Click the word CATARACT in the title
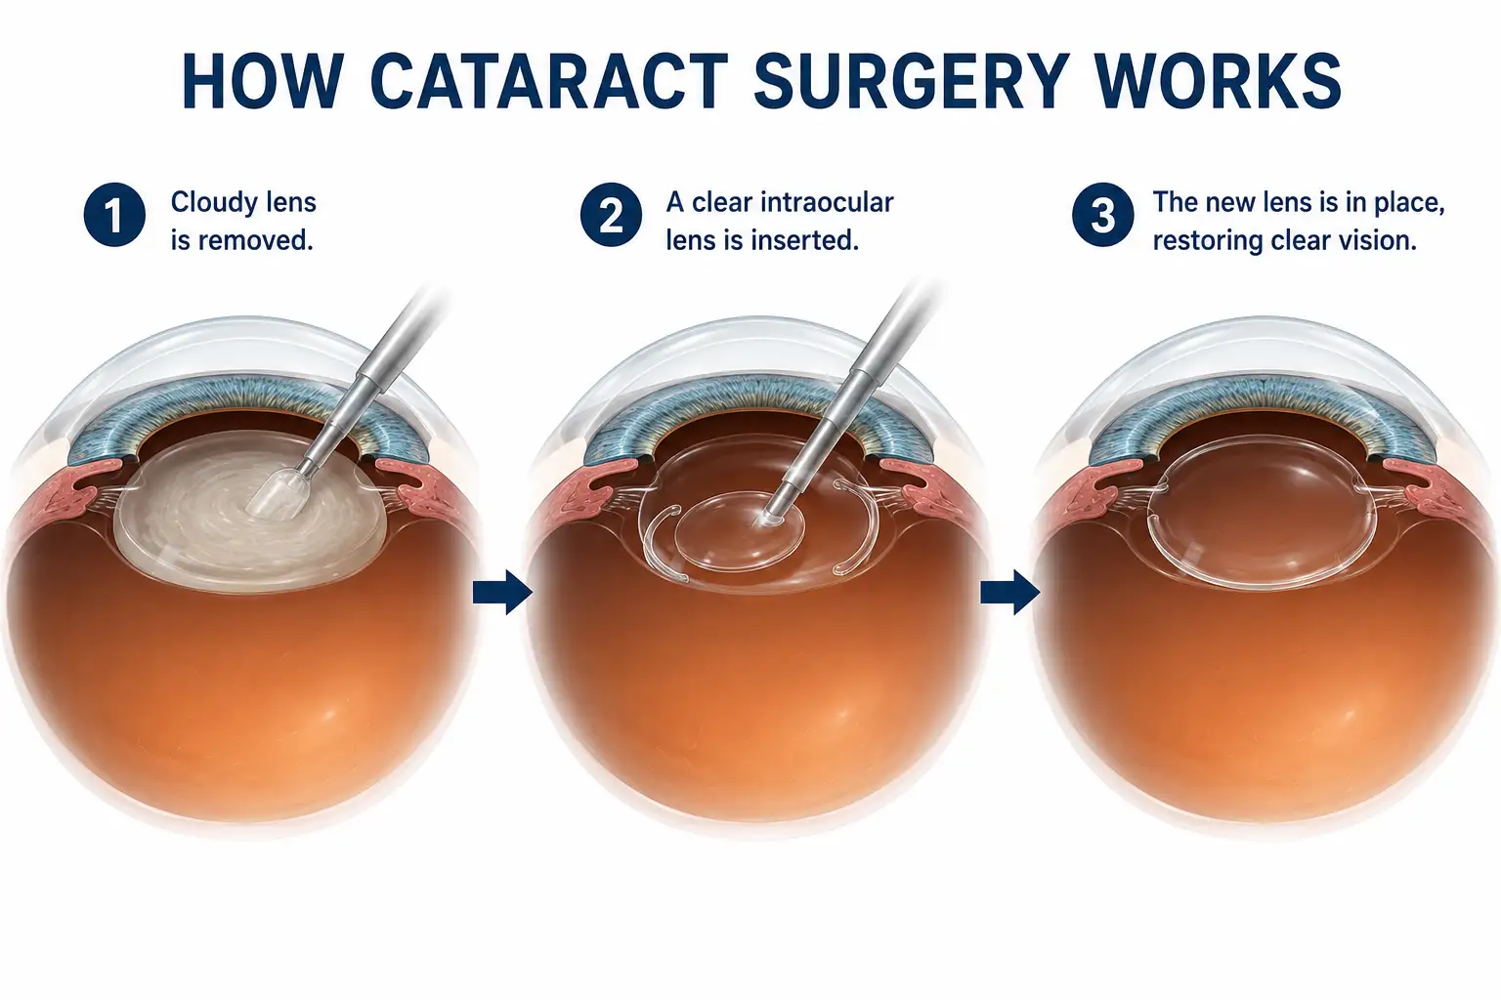[548, 82]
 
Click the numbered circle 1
[114, 215]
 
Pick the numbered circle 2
[611, 215]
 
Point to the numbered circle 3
[1102, 215]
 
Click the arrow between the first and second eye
[502, 592]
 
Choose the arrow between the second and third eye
[1009, 592]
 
